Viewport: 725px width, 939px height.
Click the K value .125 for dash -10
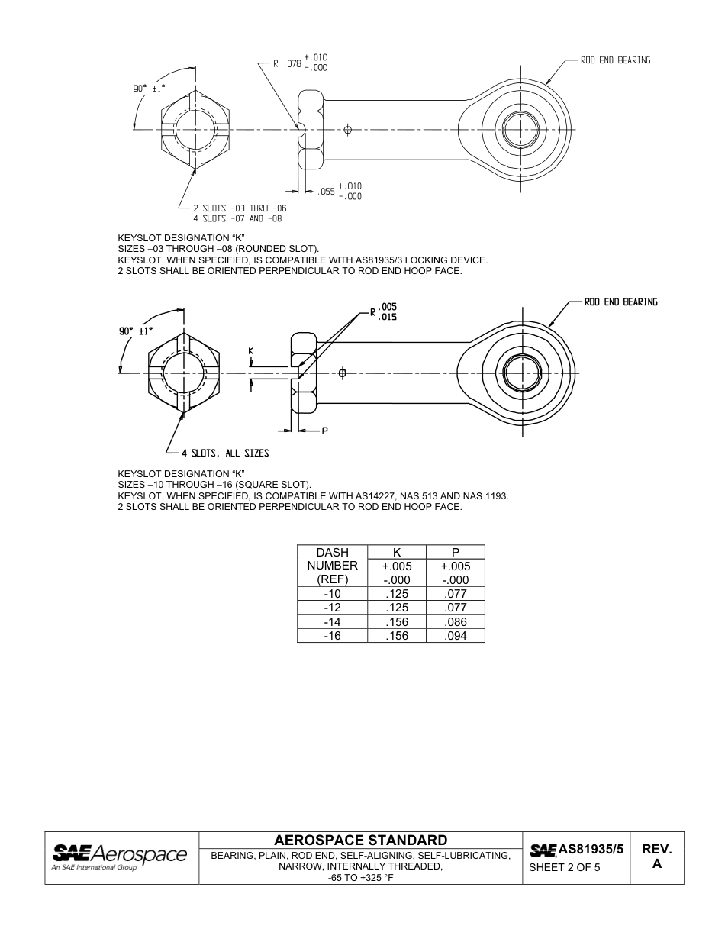396,593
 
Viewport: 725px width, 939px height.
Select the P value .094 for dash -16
456,635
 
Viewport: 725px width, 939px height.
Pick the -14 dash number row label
332,621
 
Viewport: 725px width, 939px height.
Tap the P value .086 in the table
456,621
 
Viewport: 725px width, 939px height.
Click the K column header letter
396,552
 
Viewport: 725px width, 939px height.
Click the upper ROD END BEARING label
615,60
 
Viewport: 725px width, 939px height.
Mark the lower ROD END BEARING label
620,302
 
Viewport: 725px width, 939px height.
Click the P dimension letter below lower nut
324,431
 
